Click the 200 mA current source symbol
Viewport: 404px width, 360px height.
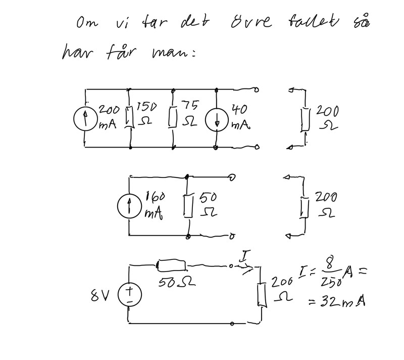86,119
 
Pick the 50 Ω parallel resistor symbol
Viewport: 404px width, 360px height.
189,207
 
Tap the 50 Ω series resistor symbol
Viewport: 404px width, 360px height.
172,264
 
